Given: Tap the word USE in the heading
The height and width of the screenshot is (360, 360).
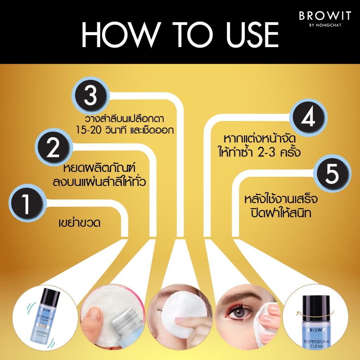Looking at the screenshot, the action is click(252, 35).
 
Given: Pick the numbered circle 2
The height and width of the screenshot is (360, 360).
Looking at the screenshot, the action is click(54, 147).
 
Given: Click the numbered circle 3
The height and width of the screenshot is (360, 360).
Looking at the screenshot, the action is click(91, 96).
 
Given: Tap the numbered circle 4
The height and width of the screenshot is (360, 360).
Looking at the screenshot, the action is click(308, 117).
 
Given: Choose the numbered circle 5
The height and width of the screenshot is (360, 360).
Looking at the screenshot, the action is click(332, 173).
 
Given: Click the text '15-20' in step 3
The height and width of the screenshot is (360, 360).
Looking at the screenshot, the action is click(88, 130).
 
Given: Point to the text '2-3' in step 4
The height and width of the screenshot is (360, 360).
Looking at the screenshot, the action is click(266, 152).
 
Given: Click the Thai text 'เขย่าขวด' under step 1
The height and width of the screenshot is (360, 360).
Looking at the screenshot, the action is click(79, 223).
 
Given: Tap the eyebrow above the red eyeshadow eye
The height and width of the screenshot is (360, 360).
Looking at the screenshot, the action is click(239, 295).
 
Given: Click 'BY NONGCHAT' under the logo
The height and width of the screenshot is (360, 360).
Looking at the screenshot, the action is click(325, 25).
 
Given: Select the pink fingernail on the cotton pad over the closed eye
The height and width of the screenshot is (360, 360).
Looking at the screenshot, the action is click(179, 320).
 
